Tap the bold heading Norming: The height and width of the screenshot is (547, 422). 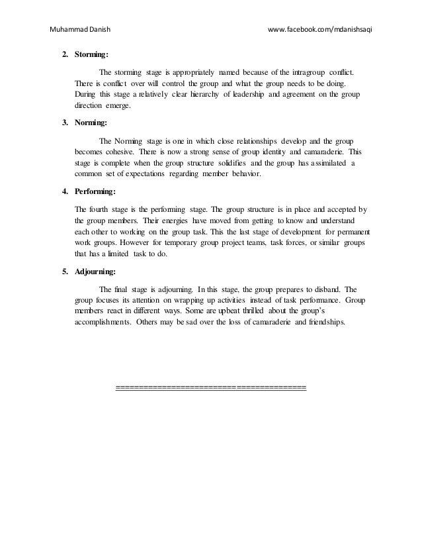(x=91, y=123)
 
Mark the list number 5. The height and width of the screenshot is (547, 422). (x=64, y=272)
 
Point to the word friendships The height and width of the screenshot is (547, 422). (x=325, y=324)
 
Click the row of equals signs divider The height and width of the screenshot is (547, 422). (x=210, y=387)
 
